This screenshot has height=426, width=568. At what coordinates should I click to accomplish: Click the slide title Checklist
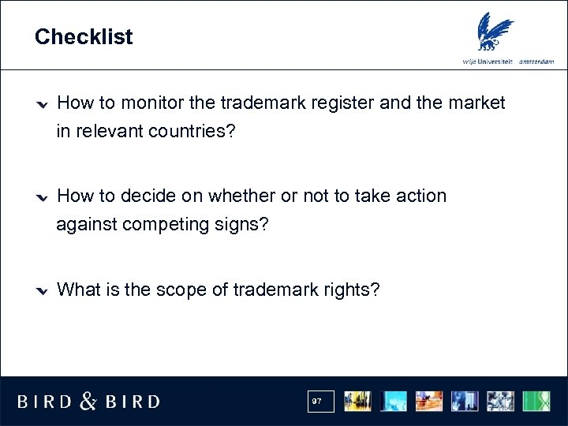pyautogui.click(x=84, y=37)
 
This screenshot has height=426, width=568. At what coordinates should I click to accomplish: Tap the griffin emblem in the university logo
pyautogui.click(x=495, y=32)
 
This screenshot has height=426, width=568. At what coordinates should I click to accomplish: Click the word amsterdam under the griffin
pyautogui.click(x=536, y=62)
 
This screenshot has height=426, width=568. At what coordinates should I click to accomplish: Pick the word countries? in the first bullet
pyautogui.click(x=185, y=132)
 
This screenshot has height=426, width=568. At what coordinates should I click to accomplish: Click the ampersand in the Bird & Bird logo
pyautogui.click(x=89, y=402)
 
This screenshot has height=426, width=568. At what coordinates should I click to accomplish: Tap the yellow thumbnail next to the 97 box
pyautogui.click(x=358, y=401)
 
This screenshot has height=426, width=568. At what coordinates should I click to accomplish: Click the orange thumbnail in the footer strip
pyautogui.click(x=429, y=401)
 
